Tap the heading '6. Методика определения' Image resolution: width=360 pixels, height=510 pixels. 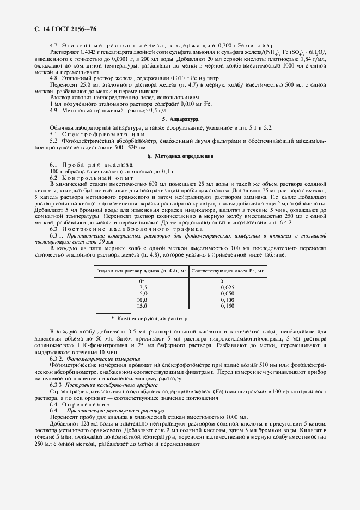(x=180, y=156)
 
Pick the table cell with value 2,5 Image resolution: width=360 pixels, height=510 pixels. (x=143, y=287)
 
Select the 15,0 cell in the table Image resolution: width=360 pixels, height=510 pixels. (x=142, y=306)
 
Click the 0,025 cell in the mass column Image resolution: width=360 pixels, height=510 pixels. (x=228, y=287)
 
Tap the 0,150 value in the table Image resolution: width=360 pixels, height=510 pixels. (x=228, y=306)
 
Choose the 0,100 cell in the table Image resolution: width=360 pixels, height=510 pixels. (x=228, y=300)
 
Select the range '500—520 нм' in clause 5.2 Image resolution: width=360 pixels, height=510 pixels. (x=131, y=148)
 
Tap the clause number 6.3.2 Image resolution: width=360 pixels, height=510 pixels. (x=56, y=360)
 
